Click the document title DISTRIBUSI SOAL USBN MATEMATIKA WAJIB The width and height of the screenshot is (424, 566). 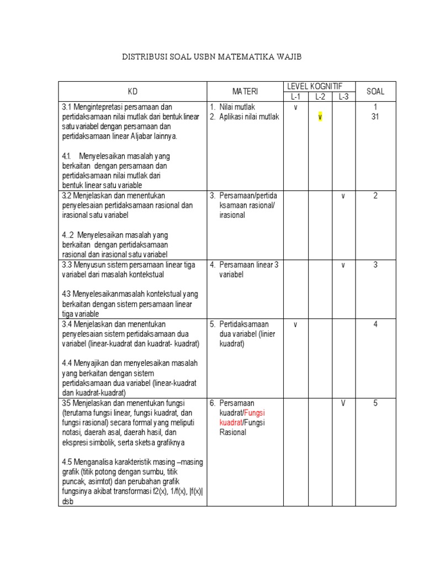click(212, 57)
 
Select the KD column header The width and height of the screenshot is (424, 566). click(132, 91)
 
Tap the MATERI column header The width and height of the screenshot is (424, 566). click(245, 91)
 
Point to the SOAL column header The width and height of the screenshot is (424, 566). click(375, 91)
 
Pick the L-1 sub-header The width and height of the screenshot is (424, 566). click(295, 97)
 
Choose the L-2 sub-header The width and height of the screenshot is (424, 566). click(320, 97)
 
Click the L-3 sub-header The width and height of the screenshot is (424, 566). click(343, 97)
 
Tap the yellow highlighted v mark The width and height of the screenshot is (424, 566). click(320, 117)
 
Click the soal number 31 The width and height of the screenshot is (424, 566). click(375, 117)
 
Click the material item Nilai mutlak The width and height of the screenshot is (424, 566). click(237, 107)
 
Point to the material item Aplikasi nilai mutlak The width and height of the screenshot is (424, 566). click(249, 117)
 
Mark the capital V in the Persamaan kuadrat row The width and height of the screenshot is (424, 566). click(343, 403)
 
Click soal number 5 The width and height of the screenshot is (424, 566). click(375, 403)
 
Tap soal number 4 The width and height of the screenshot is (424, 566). click(375, 324)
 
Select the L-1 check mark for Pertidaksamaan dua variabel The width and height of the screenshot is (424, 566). click(295, 324)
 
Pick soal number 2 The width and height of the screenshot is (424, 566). click(375, 196)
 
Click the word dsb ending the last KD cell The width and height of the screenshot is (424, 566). click(68, 502)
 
